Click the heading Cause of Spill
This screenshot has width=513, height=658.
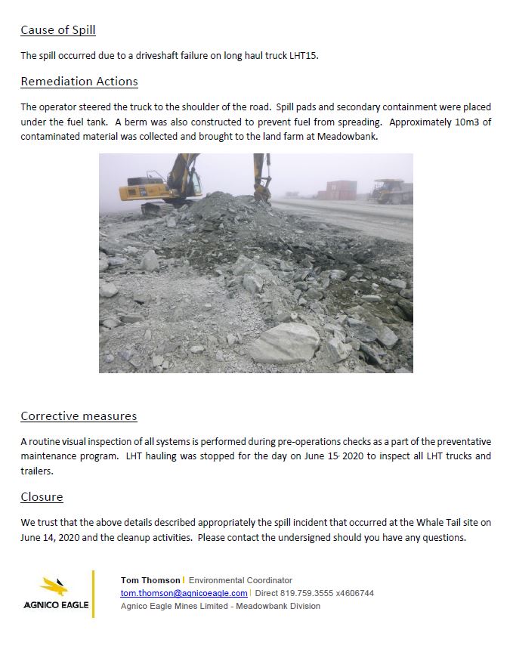coord(57,31)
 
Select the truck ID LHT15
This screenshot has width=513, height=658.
coord(303,56)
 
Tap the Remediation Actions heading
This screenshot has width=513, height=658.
coord(79,82)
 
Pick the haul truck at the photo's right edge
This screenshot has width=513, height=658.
coord(393,190)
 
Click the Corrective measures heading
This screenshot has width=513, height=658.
coord(79,416)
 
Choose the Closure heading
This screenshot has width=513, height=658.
coord(42,497)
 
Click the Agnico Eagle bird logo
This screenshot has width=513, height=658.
coord(55,588)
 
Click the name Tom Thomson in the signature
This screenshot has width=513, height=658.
coord(150,580)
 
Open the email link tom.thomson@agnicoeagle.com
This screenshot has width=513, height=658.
coord(184,593)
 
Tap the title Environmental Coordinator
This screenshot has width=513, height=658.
coord(240,580)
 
